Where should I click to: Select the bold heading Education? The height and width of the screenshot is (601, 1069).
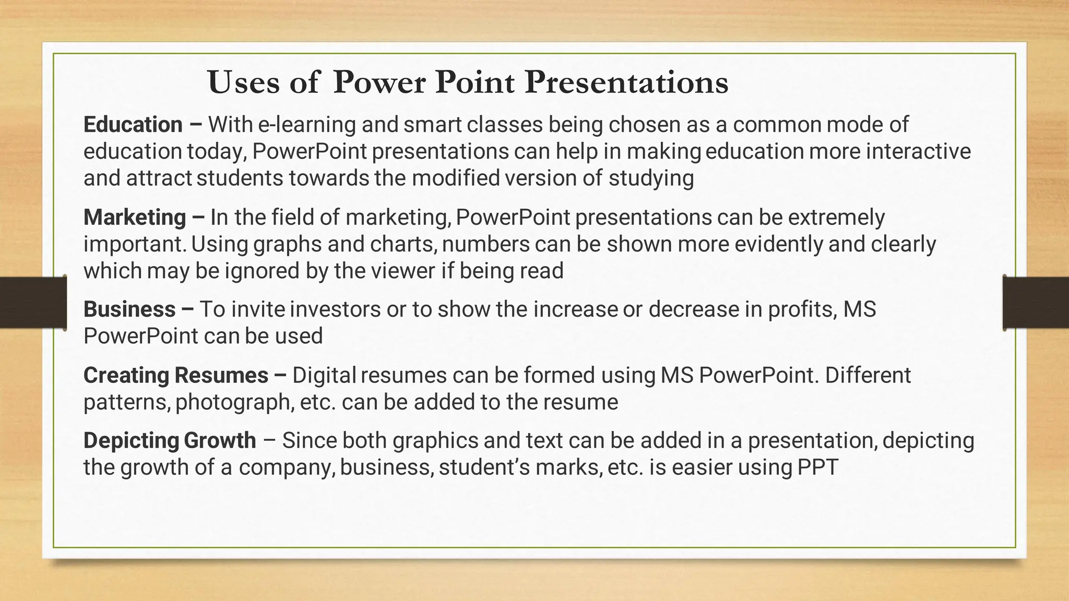point(133,125)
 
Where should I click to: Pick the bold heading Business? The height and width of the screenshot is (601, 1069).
point(129,309)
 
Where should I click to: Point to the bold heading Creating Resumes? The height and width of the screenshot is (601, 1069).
point(176,376)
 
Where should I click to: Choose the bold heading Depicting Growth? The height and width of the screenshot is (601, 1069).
point(170,440)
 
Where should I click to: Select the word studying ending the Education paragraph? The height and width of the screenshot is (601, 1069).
point(651,178)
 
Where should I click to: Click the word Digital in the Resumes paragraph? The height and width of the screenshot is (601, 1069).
point(324,376)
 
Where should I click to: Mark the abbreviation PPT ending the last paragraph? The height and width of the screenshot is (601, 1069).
point(818,467)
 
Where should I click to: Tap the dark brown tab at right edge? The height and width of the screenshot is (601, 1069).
point(1036,303)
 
